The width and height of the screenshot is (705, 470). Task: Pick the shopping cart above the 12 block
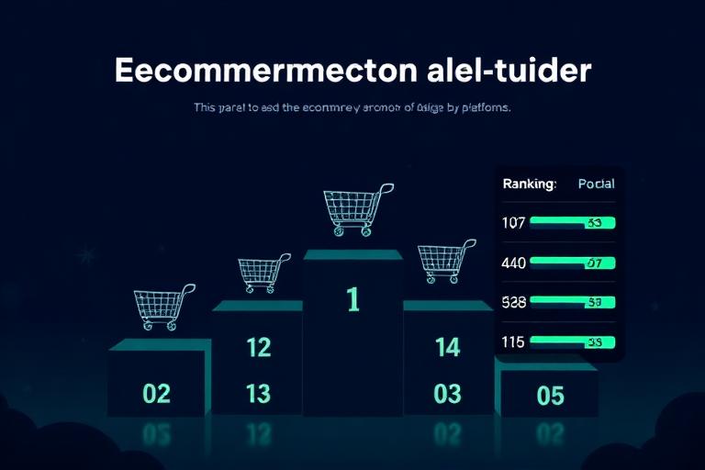pyautogui.click(x=263, y=273)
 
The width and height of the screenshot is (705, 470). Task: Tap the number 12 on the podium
pyautogui.click(x=259, y=347)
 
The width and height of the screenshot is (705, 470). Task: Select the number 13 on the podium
pyautogui.click(x=259, y=394)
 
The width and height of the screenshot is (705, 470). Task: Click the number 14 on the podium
pyautogui.click(x=447, y=347)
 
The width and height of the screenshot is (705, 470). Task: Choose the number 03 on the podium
pyautogui.click(x=447, y=394)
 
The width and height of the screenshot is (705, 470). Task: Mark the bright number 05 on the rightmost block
pyautogui.click(x=550, y=396)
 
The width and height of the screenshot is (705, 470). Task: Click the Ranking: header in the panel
pyautogui.click(x=530, y=184)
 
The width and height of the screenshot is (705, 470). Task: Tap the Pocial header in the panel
pyautogui.click(x=597, y=184)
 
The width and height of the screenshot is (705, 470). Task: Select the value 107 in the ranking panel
pyautogui.click(x=513, y=222)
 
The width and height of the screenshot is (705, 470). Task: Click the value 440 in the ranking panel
pyautogui.click(x=514, y=263)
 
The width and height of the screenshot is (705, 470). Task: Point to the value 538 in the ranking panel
pyautogui.click(x=514, y=301)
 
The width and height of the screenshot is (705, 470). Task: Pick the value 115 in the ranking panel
pyautogui.click(x=513, y=341)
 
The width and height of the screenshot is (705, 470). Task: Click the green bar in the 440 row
pyautogui.click(x=572, y=263)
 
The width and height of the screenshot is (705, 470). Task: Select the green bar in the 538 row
pyautogui.click(x=572, y=301)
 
